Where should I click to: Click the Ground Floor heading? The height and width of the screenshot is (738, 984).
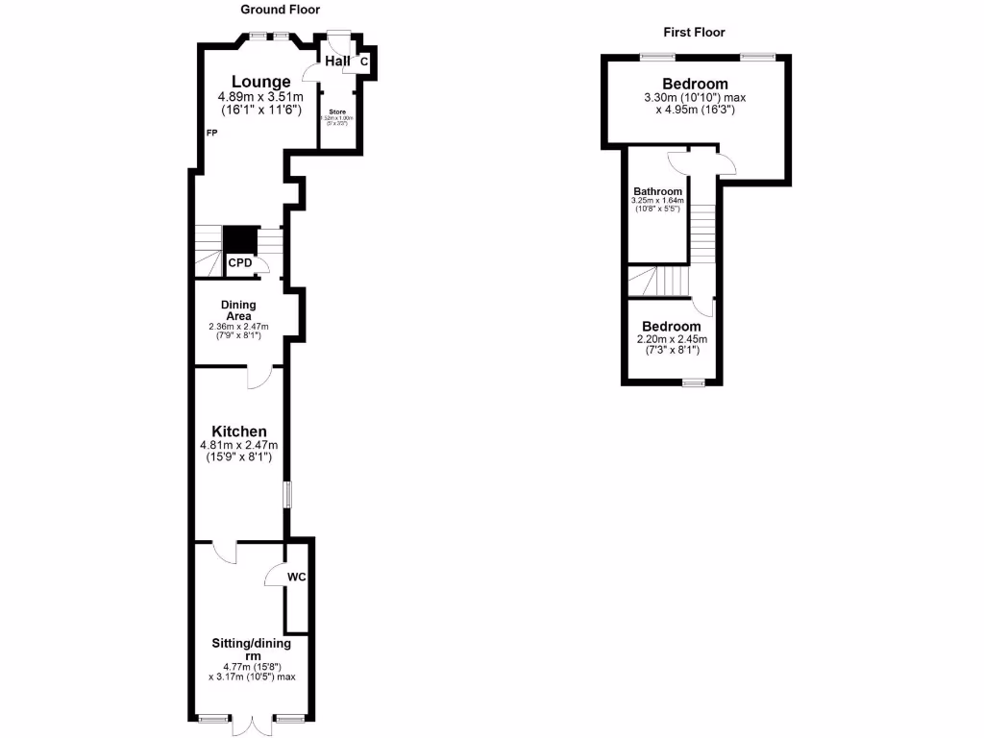(282, 10)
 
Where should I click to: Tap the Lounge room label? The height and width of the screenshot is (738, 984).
(260, 82)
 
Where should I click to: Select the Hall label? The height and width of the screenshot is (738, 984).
(337, 61)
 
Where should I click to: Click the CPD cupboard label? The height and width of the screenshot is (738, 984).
(239, 262)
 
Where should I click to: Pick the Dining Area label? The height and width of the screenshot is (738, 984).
(238, 310)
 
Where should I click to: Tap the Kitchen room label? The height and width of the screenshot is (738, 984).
(239, 431)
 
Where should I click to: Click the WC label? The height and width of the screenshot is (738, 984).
(297, 577)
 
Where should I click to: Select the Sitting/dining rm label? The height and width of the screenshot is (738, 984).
(252, 649)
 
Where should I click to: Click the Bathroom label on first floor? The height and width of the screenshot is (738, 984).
(657, 191)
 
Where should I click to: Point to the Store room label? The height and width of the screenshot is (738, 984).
(336, 111)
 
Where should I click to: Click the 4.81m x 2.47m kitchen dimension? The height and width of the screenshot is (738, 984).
(238, 446)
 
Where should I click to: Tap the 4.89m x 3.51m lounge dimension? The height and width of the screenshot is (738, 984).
(261, 97)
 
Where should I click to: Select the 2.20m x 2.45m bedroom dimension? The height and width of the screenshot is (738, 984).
(672, 339)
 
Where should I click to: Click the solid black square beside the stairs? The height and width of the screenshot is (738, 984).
(239, 239)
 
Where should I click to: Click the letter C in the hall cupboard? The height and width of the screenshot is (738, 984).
(363, 62)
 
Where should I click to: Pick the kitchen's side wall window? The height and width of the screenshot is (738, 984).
(286, 494)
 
